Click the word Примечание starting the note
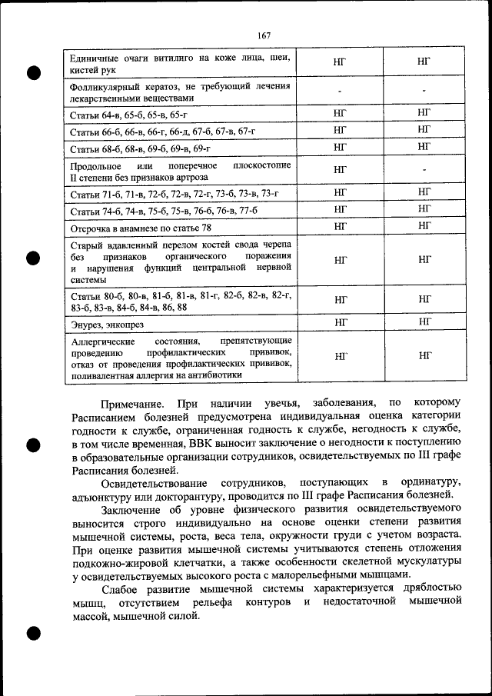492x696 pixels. point(131,403)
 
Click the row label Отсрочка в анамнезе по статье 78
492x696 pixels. point(140,228)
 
